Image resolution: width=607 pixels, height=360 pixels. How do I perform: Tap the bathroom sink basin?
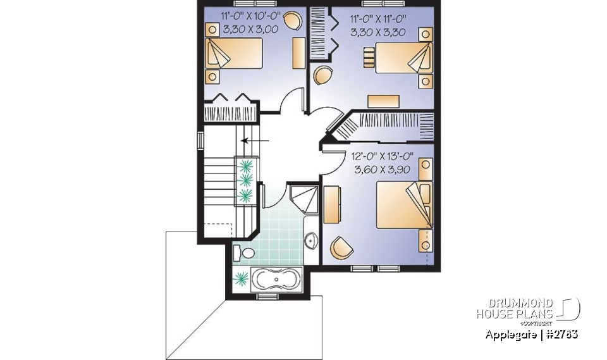tap(311, 240)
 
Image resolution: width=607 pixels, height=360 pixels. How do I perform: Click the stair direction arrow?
tap(255, 140)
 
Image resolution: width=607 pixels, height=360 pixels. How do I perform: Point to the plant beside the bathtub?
tap(240, 277)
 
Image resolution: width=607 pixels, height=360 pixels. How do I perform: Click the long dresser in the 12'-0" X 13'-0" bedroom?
tap(331, 204)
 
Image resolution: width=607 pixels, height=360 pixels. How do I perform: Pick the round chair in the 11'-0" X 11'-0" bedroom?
tap(323, 75)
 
